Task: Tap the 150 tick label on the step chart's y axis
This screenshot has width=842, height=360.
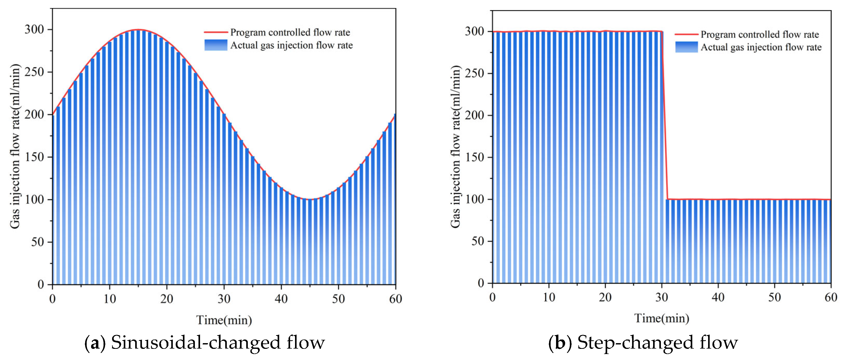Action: pos(474,157)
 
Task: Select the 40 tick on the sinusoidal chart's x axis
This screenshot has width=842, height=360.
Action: pos(281,299)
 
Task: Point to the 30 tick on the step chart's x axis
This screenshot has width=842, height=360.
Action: pos(662,297)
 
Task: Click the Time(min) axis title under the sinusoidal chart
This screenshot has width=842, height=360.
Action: pos(224,320)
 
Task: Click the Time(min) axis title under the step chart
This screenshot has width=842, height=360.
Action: pos(662,318)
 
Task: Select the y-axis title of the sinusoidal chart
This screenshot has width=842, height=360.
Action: pos(15,146)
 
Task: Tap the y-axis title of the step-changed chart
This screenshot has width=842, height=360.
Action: pos(455,146)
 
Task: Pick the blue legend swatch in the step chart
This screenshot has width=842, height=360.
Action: pos(686,47)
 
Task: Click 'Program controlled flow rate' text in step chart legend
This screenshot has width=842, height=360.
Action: pos(760,34)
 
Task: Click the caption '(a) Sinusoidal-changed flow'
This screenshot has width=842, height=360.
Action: pos(205,342)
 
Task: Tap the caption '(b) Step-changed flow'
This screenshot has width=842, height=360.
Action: pos(643,342)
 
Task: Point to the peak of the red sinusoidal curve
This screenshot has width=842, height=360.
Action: pos(138,29)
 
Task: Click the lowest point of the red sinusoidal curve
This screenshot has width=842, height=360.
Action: pos(310,199)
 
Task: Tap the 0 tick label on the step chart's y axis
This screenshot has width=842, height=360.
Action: pos(481,283)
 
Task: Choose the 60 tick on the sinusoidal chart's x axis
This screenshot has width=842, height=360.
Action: pos(395,299)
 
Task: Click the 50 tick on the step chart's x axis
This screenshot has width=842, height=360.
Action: pos(774,297)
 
